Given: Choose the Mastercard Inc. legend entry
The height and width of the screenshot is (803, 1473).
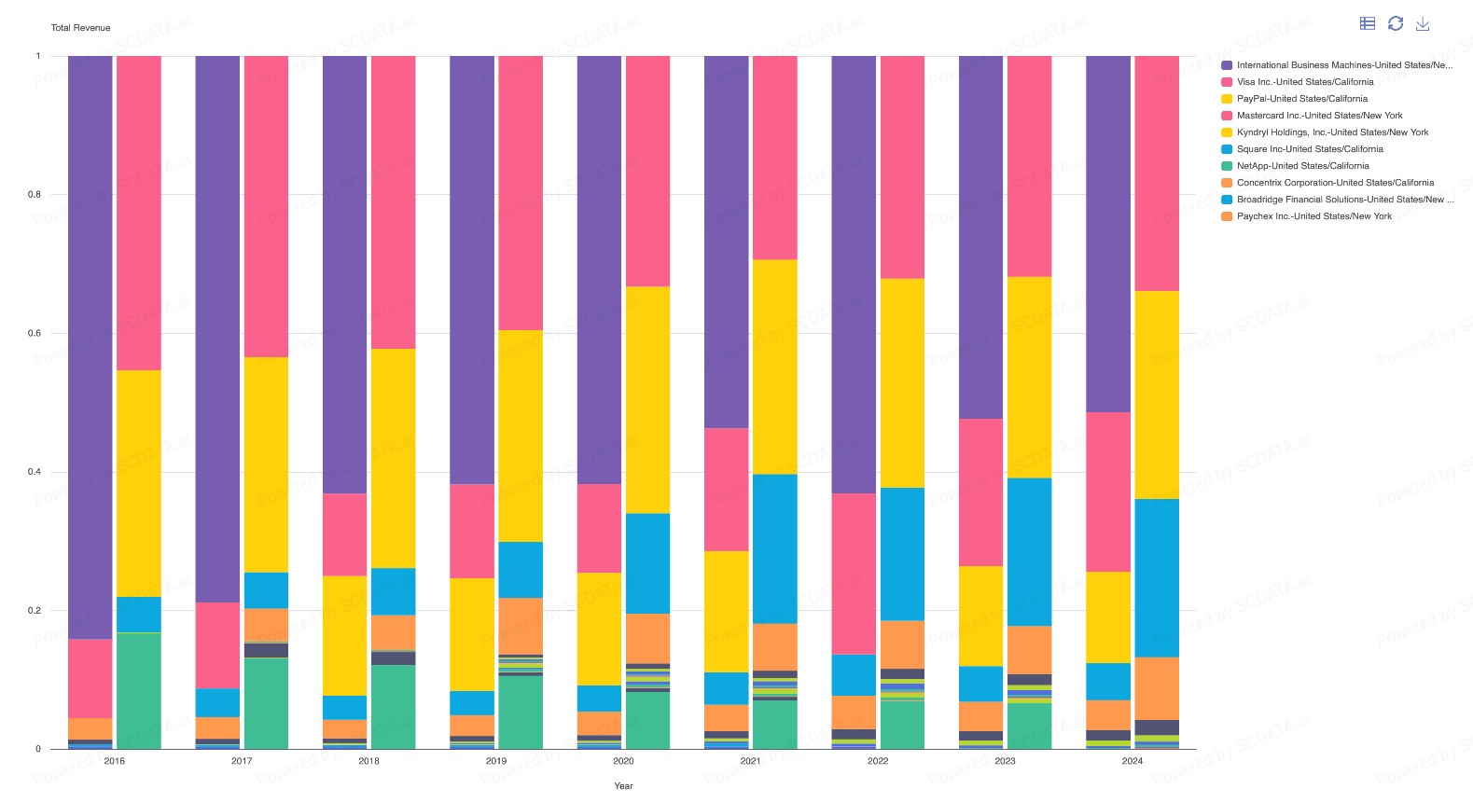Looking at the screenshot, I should (x=1319, y=116).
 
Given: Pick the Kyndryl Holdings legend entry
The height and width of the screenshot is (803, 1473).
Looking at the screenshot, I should (x=1332, y=132).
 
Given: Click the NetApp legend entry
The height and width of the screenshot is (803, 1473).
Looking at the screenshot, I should (x=1302, y=166).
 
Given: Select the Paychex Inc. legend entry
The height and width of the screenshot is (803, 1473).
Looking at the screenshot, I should (x=1313, y=216).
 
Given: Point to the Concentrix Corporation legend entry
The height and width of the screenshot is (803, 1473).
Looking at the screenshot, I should (x=1335, y=183).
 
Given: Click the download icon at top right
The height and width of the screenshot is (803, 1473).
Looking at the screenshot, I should (x=1423, y=23).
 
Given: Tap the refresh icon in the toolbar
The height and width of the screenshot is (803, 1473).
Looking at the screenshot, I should (x=1396, y=23).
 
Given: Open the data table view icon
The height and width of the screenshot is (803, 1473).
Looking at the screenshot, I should (x=1368, y=23).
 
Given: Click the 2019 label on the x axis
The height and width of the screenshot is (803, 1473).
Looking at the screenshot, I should (x=496, y=761).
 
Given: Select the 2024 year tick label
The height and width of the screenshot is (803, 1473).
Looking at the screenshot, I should (x=1133, y=761).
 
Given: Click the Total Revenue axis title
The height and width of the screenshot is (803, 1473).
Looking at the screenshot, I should (x=80, y=28).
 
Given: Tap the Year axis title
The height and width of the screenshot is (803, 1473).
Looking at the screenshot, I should (x=623, y=786).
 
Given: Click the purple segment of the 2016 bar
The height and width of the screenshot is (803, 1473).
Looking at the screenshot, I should (x=90, y=345).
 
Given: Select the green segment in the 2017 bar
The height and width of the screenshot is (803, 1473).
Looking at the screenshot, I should (x=266, y=703).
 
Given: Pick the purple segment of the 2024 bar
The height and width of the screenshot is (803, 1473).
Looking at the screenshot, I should (x=1108, y=233).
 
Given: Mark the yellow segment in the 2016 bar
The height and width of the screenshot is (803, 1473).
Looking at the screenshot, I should (x=139, y=483).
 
